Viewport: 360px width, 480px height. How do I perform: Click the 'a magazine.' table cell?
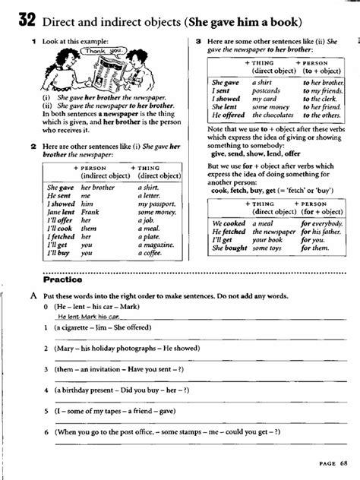tap(156, 244)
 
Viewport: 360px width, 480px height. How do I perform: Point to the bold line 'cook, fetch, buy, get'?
tap(251, 191)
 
